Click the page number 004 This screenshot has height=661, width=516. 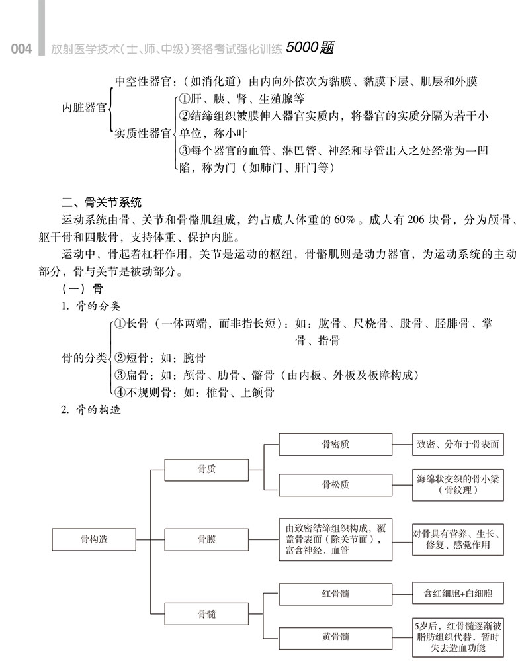click(x=21, y=49)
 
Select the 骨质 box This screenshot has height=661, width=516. click(x=206, y=469)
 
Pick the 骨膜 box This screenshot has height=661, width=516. click(x=206, y=539)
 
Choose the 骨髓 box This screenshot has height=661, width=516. click(x=206, y=614)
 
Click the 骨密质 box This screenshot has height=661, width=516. click(x=335, y=444)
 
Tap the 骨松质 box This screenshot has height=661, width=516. click(x=335, y=484)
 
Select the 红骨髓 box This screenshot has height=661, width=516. click(x=335, y=594)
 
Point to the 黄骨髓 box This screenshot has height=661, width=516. click(x=335, y=637)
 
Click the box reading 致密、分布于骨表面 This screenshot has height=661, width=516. click(x=457, y=444)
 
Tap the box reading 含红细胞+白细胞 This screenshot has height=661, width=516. click(x=457, y=594)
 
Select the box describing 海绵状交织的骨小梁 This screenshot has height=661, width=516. click(x=457, y=484)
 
